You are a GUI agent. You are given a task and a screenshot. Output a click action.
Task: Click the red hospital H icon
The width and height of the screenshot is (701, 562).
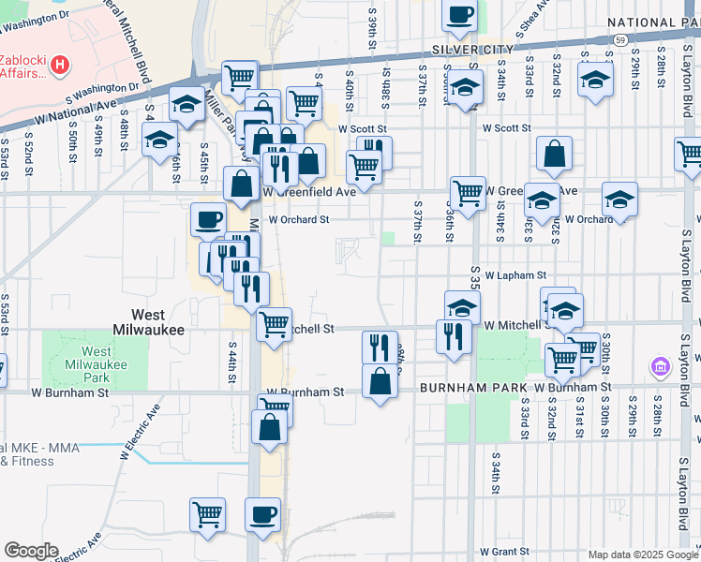pos(60,65)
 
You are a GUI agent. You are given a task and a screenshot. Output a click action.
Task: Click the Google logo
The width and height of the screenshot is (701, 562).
pos(31,550)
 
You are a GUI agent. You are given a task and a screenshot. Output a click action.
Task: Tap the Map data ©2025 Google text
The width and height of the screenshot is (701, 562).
pos(642,554)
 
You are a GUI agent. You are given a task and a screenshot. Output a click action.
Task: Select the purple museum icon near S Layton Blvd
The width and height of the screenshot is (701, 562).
pos(659,364)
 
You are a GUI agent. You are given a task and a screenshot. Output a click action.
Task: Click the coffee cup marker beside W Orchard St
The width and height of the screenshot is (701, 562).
pos(208,220)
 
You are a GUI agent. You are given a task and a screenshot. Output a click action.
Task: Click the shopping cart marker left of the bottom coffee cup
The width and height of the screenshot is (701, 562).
pos(208,513)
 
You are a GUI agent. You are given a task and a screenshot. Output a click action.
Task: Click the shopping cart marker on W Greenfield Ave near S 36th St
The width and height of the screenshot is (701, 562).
pos(468,193)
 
